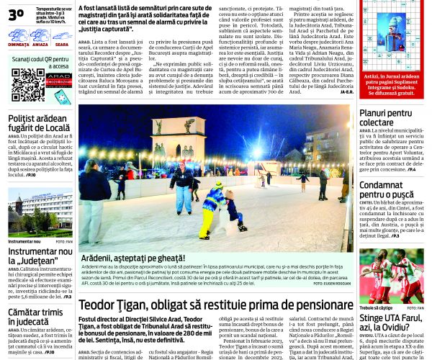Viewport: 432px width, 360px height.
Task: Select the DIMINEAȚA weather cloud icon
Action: (x=19, y=34)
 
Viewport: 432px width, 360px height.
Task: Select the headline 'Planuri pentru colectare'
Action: (x=385, y=118)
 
